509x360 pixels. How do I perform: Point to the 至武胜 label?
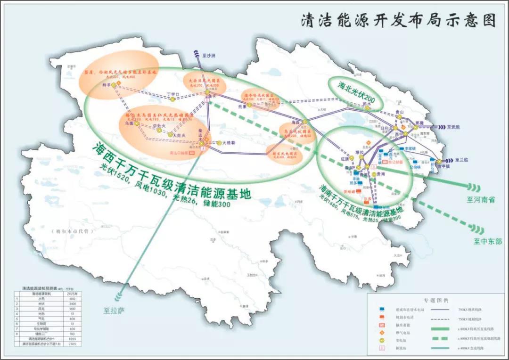[x=456, y=127]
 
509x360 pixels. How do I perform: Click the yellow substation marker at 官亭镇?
[x=439, y=162]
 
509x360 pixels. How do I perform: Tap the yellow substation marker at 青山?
[x=400, y=118]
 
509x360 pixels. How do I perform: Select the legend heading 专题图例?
[x=436, y=300]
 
